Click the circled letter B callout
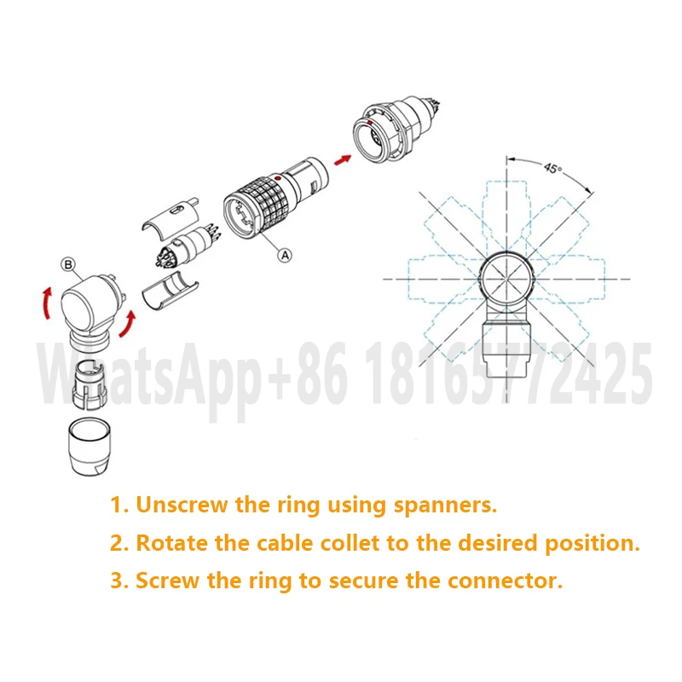point(68,264)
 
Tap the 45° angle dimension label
point(552,169)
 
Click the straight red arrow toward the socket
point(344,158)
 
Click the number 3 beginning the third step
point(117,581)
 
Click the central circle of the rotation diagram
point(508,280)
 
